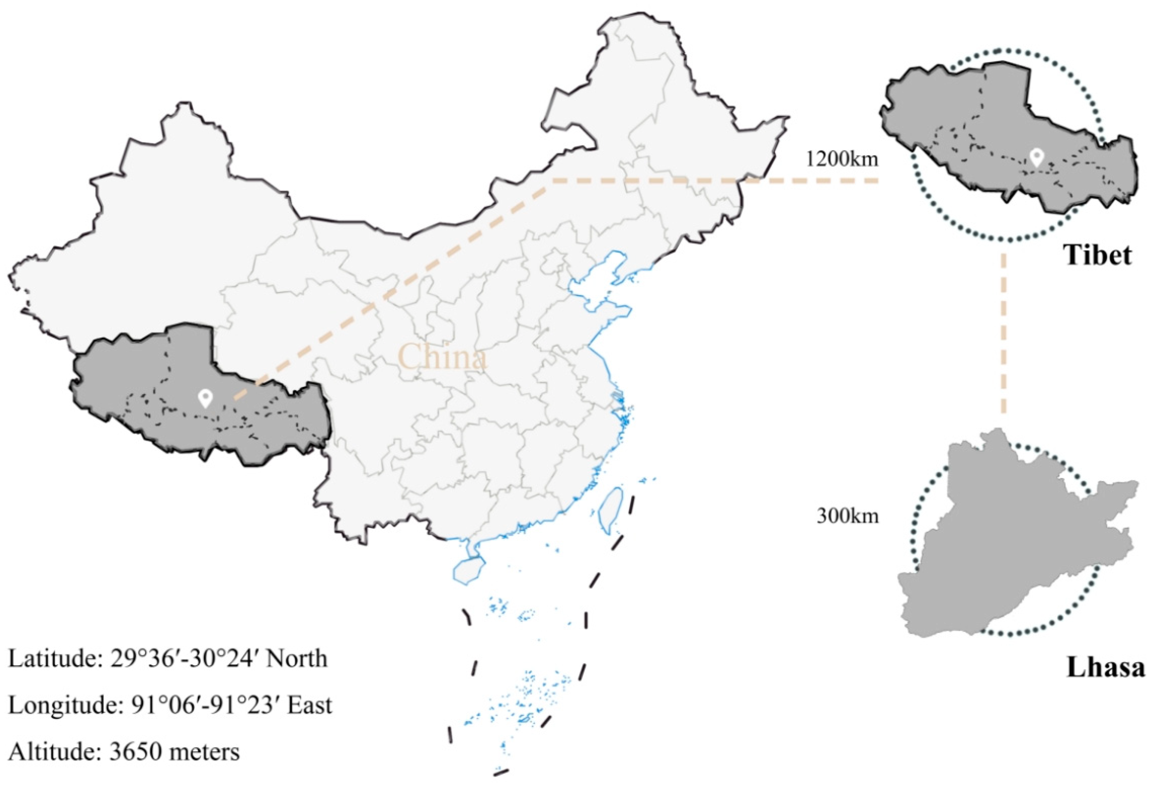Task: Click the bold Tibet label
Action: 1098,255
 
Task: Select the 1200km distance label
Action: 841,159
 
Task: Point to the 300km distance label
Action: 847,516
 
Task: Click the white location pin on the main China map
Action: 205,398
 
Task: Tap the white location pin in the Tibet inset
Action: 1036,157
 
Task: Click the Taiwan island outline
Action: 611,510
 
